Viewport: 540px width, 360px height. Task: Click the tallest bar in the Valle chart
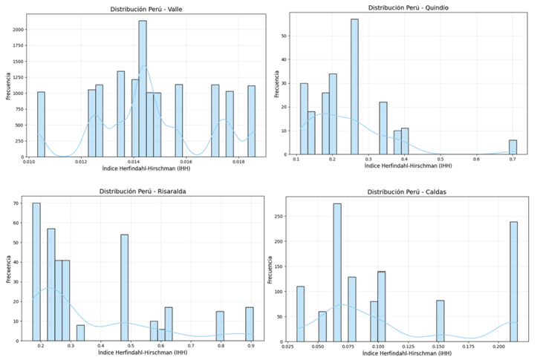[143, 89]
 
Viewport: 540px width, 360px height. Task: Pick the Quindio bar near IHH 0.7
[513, 147]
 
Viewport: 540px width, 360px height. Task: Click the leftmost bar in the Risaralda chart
[36, 272]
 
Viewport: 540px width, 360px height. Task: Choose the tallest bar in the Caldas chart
[337, 272]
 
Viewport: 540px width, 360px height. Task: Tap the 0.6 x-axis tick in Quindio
[477, 159]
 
